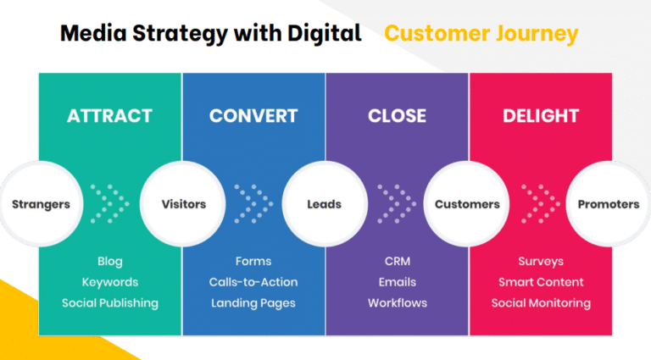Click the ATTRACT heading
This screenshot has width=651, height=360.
[x=109, y=116]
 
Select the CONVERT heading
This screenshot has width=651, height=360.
[x=253, y=116]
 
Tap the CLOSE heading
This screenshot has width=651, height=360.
[x=397, y=116]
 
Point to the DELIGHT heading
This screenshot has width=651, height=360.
[x=541, y=116]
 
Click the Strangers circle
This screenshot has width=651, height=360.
[x=40, y=204]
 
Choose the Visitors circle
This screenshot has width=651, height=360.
[x=183, y=204]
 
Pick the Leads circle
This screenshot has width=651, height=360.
[x=325, y=204]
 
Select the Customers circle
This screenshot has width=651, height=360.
[x=467, y=204]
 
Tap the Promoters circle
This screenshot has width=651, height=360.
[x=608, y=204]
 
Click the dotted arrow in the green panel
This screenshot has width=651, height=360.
[x=110, y=204]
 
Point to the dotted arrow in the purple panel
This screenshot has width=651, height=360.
[x=397, y=204]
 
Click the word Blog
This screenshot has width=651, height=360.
[x=110, y=262]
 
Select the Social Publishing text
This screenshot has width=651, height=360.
[x=110, y=302]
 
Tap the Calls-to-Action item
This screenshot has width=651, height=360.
[x=253, y=282]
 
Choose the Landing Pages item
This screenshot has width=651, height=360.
[x=253, y=302]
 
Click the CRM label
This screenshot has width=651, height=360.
[x=397, y=262]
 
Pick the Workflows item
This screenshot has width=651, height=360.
[x=397, y=302]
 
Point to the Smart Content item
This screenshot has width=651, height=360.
[x=541, y=282]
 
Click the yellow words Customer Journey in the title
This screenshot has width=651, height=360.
[x=481, y=34]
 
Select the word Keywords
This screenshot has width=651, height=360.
[x=110, y=282]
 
